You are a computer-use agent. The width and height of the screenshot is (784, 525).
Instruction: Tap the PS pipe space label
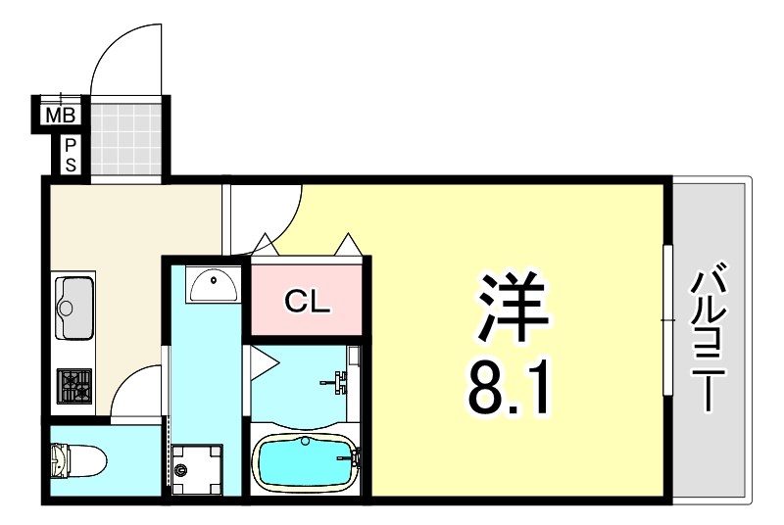[x=71, y=155]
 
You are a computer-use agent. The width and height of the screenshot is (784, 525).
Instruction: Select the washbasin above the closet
[x=213, y=286]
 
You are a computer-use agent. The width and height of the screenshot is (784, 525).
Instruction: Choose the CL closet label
[x=309, y=301]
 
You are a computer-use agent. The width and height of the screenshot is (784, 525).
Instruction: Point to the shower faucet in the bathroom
[x=339, y=381]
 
